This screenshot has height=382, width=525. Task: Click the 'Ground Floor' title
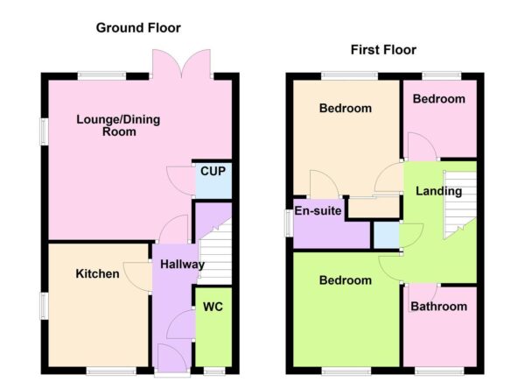tap(137, 28)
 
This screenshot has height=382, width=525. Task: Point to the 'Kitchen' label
tap(97, 274)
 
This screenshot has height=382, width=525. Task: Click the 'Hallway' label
tap(182, 265)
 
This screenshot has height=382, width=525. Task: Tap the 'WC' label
tap(213, 308)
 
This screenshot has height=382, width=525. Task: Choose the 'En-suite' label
tap(318, 212)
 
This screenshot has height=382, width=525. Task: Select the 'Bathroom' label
tap(439, 307)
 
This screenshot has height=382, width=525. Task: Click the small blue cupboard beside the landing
tap(385, 235)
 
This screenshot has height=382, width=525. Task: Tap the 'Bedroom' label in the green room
tap(345, 280)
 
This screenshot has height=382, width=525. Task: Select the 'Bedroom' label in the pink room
tap(438, 99)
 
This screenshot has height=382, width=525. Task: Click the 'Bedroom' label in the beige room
tap(345, 109)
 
